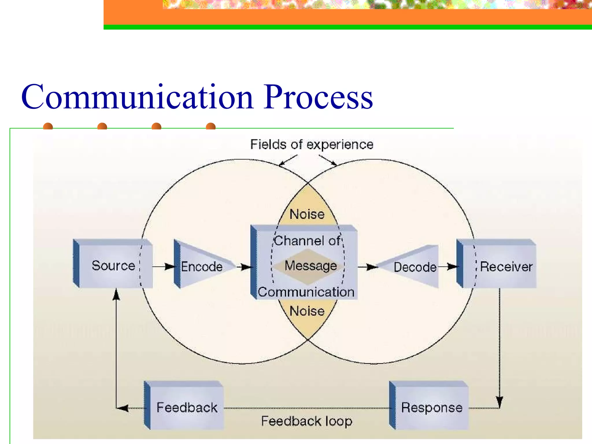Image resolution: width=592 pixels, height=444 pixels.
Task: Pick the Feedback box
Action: pos(186,407)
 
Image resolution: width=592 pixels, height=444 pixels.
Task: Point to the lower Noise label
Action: pos(307,311)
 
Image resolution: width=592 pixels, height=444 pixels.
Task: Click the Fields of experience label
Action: pos(312,145)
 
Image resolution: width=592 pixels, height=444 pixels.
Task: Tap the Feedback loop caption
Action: pos(306,421)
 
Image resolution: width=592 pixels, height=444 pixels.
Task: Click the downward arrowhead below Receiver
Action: pos(499,402)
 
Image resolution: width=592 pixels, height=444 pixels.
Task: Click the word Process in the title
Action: pos(318,97)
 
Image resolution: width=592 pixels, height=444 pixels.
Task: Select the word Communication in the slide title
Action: pos(137,97)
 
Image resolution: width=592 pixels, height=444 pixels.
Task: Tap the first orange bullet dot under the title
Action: pos(48,126)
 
